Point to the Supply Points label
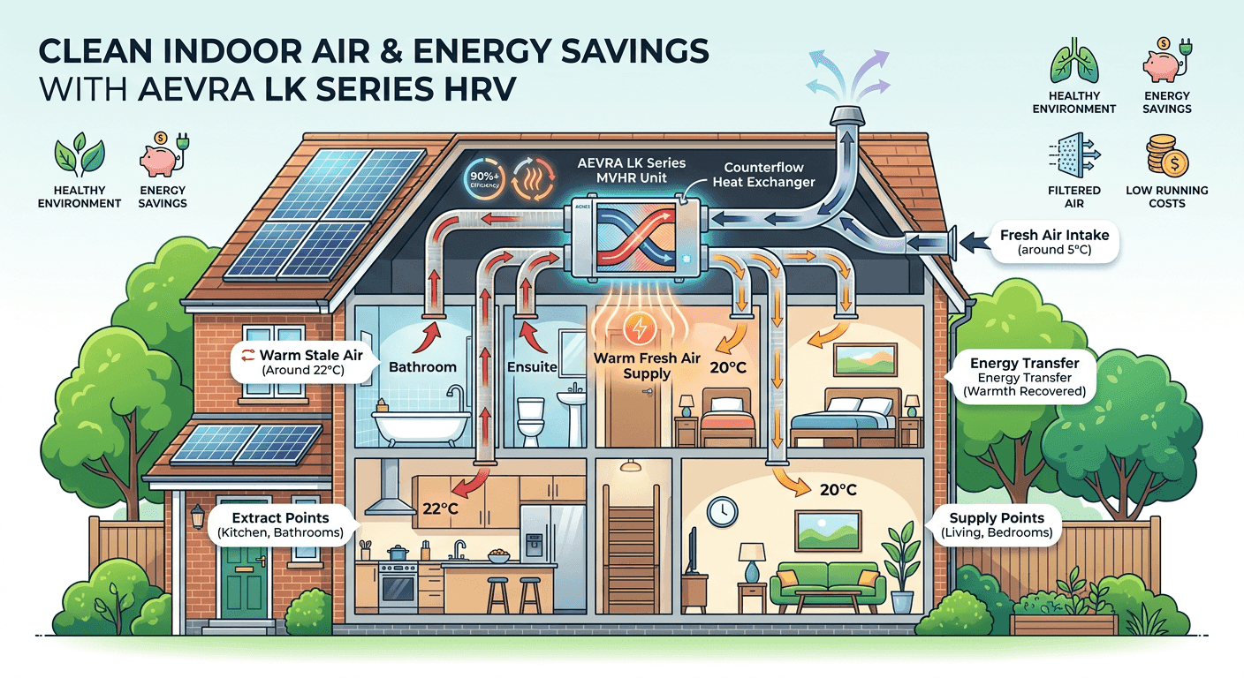click(x=996, y=524)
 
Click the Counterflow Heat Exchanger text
click(x=769, y=174)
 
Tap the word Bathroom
click(x=422, y=365)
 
